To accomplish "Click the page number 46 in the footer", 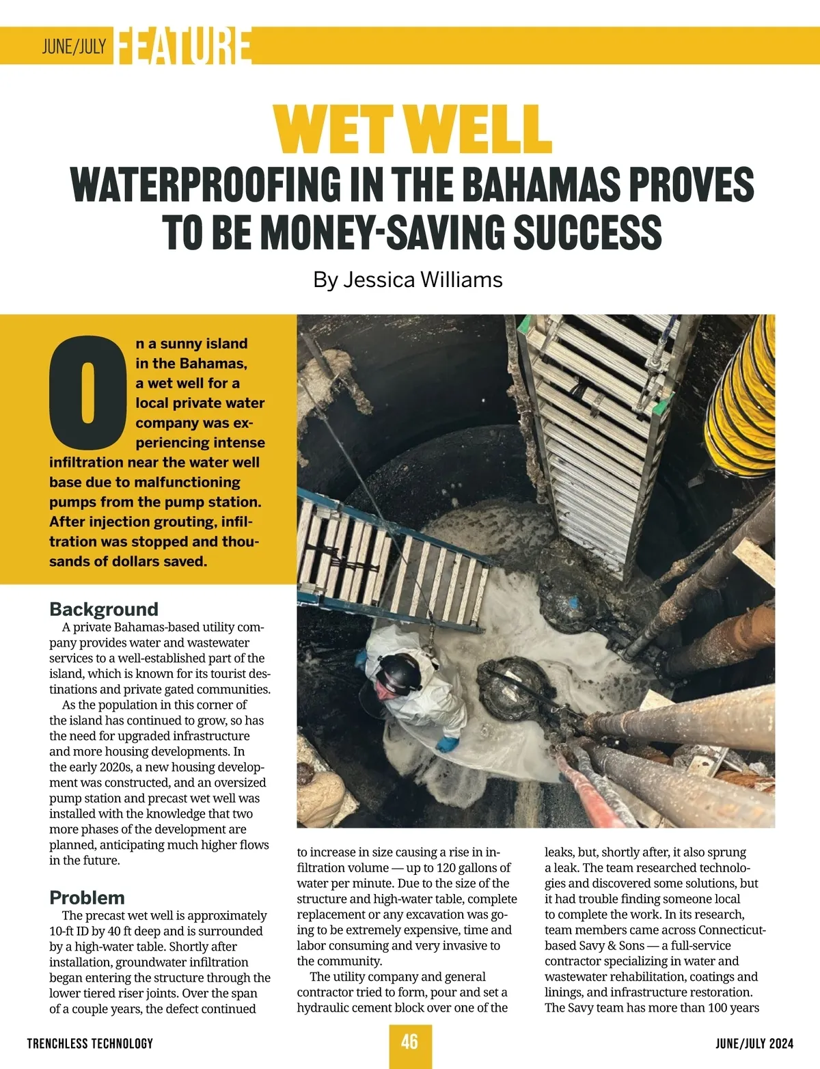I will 409,1042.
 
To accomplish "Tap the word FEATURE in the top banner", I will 183,46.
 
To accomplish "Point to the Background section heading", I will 103,609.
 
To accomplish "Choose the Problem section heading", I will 87,897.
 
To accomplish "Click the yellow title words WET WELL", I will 412,128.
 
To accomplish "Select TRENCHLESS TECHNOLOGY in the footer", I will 90,1044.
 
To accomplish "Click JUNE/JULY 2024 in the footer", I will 754,1044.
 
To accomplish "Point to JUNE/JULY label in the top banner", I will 74,46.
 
